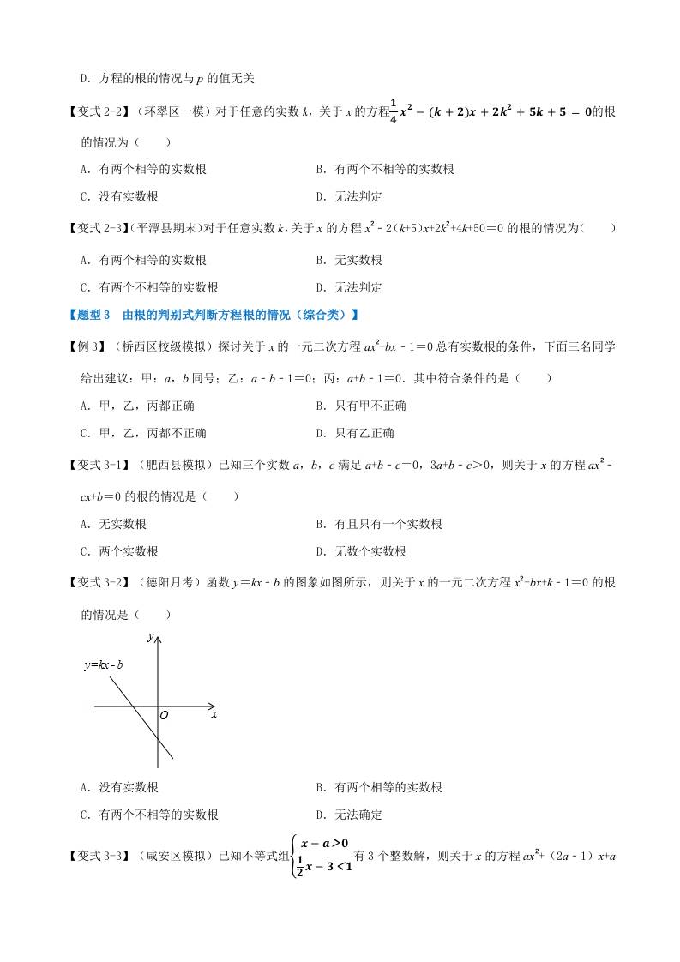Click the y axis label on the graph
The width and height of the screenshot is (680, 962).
coord(150,636)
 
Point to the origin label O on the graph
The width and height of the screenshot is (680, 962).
coord(164,714)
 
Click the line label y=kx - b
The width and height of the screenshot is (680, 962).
coord(104,664)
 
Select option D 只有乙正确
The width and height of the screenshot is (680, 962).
coord(354,434)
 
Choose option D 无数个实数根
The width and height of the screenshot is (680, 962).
coord(360,552)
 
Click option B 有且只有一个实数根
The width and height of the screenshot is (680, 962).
coord(378,524)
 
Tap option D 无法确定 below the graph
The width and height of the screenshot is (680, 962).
coord(348,815)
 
